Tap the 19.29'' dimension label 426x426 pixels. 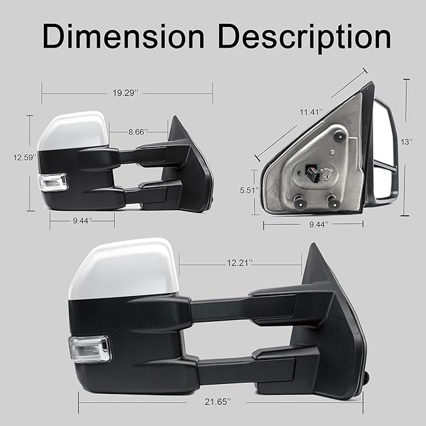pos(126,93)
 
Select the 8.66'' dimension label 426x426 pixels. pos(137,132)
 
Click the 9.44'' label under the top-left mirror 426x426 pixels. pos(81,220)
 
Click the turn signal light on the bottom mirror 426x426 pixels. pos(89,348)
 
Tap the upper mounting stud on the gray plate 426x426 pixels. pos(339,134)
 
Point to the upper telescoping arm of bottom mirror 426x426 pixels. pos(238,307)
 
